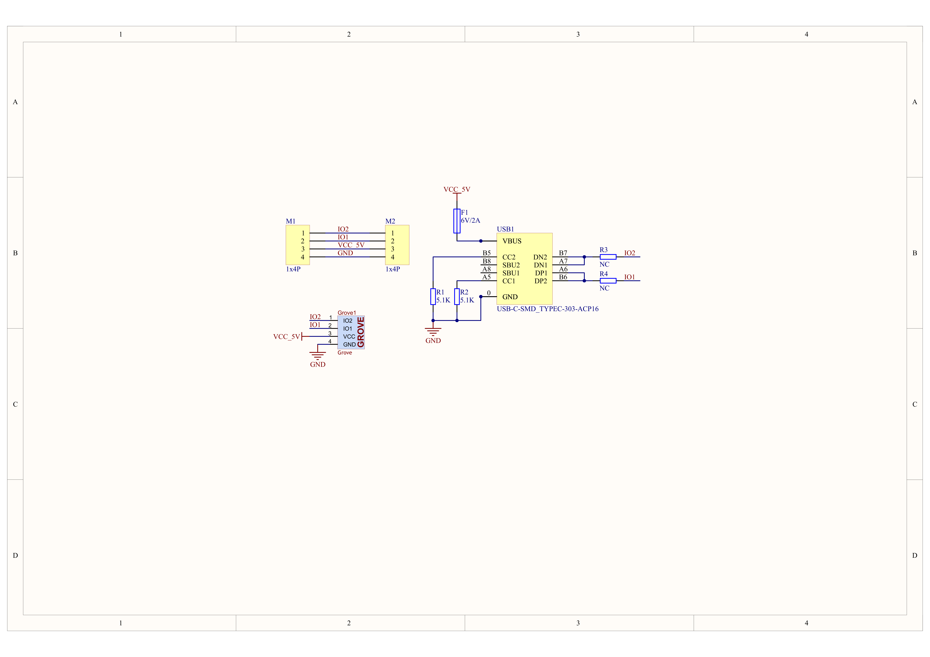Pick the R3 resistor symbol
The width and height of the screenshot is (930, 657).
[608, 257]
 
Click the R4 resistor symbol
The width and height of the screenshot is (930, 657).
[608, 281]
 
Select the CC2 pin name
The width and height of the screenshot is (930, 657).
[509, 257]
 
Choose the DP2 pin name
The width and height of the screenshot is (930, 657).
[541, 281]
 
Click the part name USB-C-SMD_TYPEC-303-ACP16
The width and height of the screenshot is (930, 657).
[548, 309]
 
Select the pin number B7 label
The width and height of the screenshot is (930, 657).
[563, 253]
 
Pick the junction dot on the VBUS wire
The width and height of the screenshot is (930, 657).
[481, 241]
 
